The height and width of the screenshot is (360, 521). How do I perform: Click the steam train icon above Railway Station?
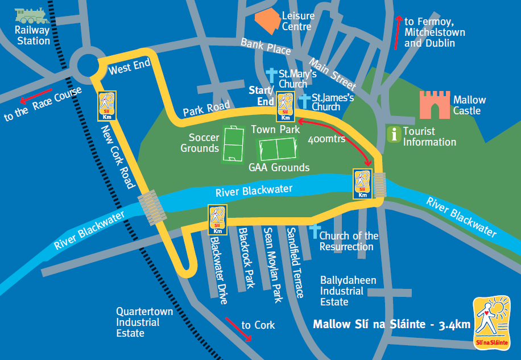pos(32,15)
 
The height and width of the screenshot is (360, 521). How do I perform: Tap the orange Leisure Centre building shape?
pos(267,20)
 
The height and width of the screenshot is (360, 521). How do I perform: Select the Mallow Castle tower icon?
pos(435,105)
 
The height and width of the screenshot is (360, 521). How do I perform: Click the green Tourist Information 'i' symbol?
pos(393,135)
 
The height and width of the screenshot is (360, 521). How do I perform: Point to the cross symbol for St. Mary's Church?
pos(272,76)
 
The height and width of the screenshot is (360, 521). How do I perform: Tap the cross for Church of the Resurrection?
pos(314,231)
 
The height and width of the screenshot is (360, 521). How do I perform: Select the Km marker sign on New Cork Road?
pos(107,106)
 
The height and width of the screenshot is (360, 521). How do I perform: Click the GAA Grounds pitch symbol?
pos(276,150)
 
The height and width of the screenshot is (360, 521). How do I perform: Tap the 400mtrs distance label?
pos(326,139)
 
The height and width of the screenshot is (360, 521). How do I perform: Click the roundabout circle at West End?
pos(88,67)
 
